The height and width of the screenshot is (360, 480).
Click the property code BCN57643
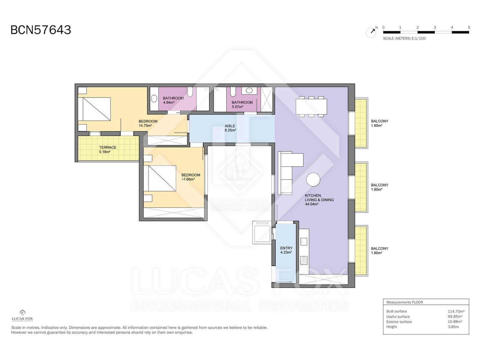[x=41, y=30]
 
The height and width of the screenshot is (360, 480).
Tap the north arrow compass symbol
[x=371, y=32]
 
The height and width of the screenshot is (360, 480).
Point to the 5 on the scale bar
[x=469, y=27]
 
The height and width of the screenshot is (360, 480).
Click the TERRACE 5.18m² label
[x=108, y=149]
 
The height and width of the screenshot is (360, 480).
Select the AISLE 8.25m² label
[x=230, y=128]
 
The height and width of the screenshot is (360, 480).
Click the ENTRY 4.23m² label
[x=286, y=250]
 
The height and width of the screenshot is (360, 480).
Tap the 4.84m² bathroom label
[x=173, y=100]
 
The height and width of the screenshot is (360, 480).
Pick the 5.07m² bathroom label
[x=242, y=104]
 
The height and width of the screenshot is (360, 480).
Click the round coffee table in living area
[x=313, y=180]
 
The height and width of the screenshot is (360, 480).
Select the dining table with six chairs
[x=311, y=106]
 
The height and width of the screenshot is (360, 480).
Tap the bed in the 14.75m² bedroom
[x=94, y=109]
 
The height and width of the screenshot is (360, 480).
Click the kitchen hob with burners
[x=304, y=260]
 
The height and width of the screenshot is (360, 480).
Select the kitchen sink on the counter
[x=304, y=241]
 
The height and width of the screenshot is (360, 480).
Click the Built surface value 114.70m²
[x=456, y=311]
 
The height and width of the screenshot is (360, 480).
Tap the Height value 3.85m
[x=453, y=327]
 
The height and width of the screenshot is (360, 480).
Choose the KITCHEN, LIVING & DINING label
[x=319, y=199]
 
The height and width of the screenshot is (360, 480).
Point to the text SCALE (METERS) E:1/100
[x=404, y=38]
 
